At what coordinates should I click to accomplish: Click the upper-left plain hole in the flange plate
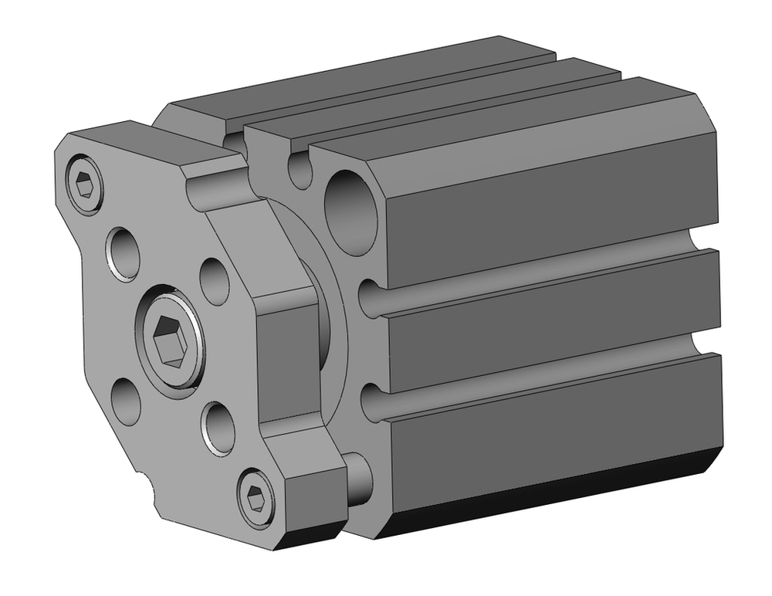124,252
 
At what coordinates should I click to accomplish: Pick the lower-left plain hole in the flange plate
126,401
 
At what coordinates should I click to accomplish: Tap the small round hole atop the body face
299,170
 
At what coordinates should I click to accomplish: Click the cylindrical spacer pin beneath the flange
357,478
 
